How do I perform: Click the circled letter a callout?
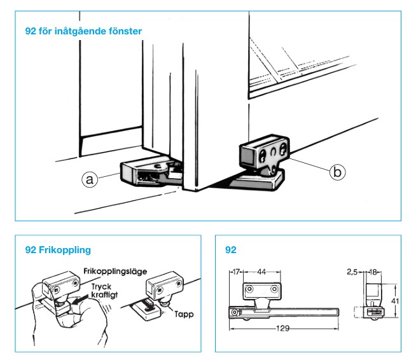tap(90, 180)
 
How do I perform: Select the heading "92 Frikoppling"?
tap(57, 249)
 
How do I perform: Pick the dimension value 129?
tap(284, 328)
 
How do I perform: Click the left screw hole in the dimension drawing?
tap(249, 289)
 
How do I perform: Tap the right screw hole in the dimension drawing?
tap(275, 289)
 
